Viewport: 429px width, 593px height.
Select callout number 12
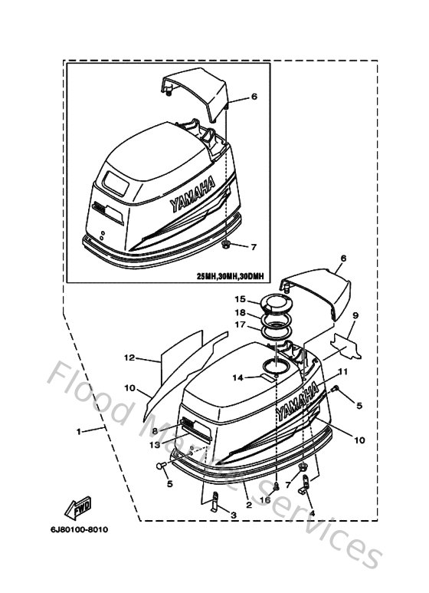(x=129, y=357)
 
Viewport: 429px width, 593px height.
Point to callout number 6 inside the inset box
(x=254, y=97)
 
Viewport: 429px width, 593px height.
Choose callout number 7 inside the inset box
(x=254, y=247)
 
